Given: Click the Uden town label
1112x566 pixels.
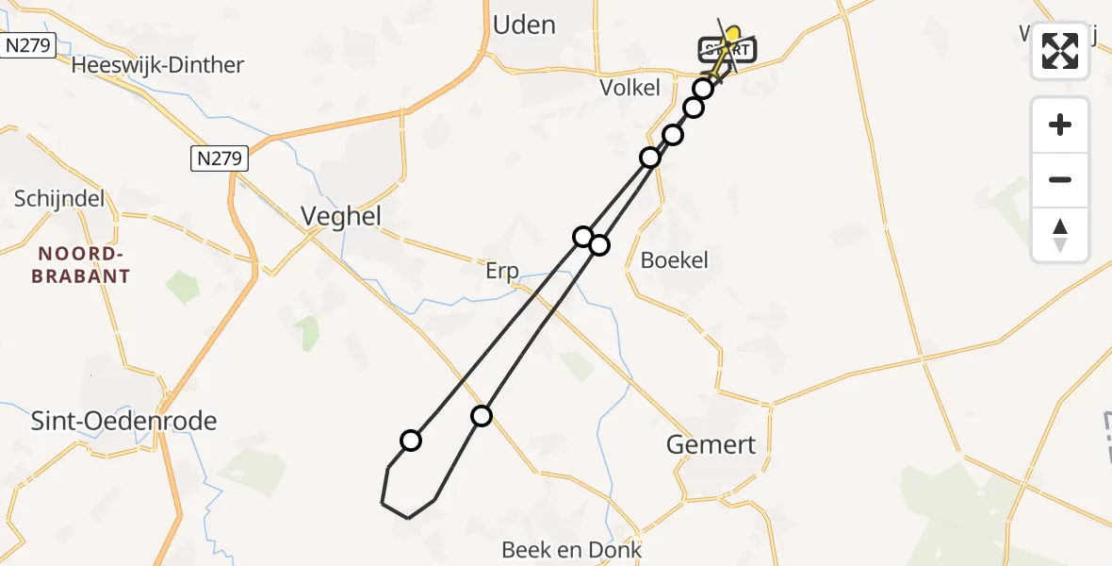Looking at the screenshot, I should coord(524,25).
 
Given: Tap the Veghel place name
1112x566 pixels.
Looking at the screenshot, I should coord(341,216).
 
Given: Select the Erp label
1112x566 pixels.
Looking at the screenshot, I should coord(502,272).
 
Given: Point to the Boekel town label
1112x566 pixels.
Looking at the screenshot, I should coord(674,260).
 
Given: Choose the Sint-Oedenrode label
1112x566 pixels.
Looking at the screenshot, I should coord(124,421).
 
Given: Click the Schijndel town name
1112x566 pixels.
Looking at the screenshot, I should coord(59,199).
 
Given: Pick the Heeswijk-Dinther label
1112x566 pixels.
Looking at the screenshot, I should coord(157,65).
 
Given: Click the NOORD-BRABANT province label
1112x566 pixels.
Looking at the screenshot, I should coord(80,265).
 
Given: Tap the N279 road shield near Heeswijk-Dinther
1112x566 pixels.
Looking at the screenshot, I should coord(27,44).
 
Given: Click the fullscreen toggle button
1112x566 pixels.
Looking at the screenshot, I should coord(1060,51).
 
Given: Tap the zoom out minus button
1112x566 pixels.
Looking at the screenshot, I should coord(1060,179).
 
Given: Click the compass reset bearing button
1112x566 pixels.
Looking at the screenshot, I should coord(1060,235).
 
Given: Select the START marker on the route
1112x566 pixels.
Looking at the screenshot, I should coord(726,49).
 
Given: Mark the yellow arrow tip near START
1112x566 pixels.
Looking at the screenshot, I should coord(734,31).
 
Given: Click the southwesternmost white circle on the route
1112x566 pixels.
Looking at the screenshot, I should coord(411,440).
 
